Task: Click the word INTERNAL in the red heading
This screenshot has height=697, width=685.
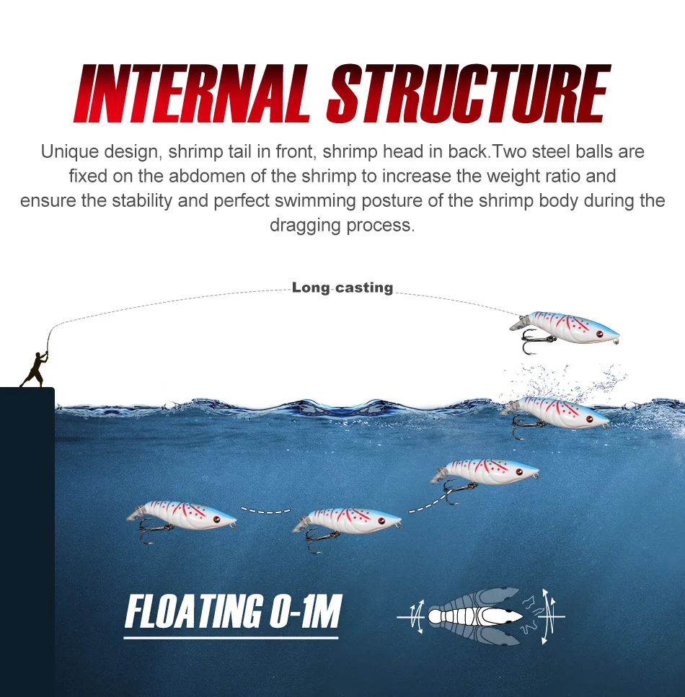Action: pos(192,94)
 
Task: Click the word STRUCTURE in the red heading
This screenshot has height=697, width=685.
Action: pos(469,94)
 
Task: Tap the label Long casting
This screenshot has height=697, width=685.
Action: pos(342,288)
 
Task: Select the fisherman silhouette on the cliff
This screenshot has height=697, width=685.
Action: pos(35,369)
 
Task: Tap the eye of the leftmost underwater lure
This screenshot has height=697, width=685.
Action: pos(216,519)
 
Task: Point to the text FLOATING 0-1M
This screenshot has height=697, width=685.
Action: pos(233,611)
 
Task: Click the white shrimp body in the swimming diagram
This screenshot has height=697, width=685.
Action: pos(475,616)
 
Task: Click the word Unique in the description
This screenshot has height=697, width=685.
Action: pos(69,152)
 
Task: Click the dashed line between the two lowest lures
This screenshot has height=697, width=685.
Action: pos(265,510)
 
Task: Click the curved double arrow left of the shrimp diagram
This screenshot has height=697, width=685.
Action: pos(418,617)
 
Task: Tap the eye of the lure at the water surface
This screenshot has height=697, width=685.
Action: pos(590,419)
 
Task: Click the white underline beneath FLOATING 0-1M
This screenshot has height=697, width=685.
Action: pos(231,638)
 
